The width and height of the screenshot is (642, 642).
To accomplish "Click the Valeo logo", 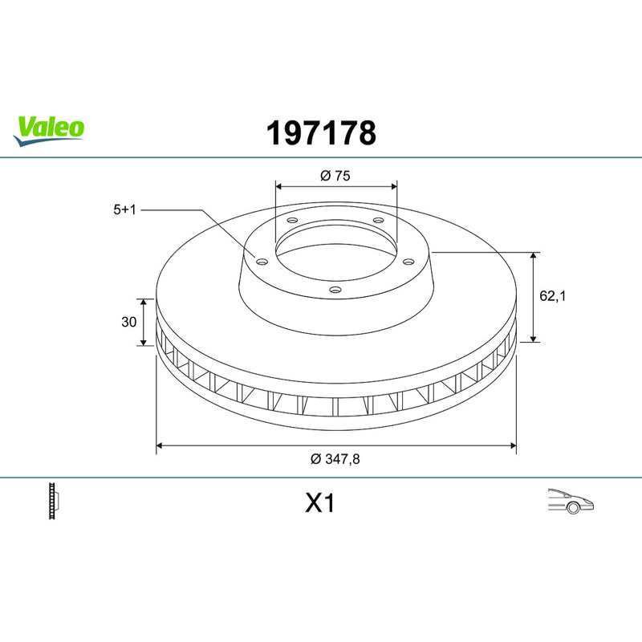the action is tap(49, 131).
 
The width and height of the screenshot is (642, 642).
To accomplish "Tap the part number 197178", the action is tap(321, 133).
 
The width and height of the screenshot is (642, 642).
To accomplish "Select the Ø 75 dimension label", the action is tap(335, 176).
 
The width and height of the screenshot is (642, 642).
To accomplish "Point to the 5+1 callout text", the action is tap(124, 210).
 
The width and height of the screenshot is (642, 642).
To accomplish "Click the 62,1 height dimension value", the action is tap(552, 295).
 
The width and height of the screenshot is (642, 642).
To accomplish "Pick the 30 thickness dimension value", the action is tap(128, 323).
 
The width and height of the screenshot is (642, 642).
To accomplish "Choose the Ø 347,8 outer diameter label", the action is tap(335, 459).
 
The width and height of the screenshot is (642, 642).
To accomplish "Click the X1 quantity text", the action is tap(319, 503).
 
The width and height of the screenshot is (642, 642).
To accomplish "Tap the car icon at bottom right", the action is tap(571, 501).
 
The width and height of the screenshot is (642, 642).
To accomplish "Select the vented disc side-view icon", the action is tap(54, 501).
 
